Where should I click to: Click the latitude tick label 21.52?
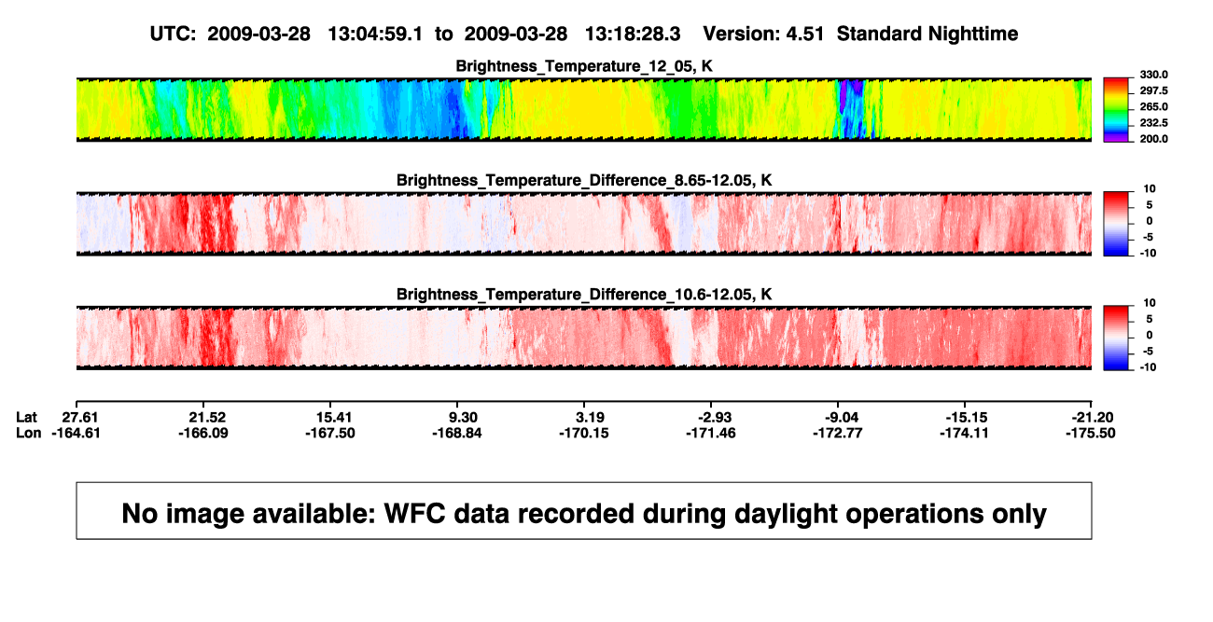coord(207,418)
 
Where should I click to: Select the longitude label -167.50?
coord(329,433)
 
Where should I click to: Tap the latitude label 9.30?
coord(463,418)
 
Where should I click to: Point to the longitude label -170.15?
coord(584,433)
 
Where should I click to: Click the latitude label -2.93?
coord(715,418)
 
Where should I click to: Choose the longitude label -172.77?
coord(837,433)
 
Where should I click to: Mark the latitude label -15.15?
coord(967,418)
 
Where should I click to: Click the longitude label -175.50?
coord(1091,433)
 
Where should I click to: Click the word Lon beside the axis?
coord(29,433)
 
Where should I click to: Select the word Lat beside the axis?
coord(26,418)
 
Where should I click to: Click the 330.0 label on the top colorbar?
coord(1153,75)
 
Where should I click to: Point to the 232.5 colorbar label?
coord(1153,123)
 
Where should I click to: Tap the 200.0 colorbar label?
coord(1153,139)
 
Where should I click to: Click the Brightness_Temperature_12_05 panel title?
coord(584,66)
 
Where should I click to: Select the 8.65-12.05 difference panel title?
coord(584,180)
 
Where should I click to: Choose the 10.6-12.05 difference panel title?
coord(584,295)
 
